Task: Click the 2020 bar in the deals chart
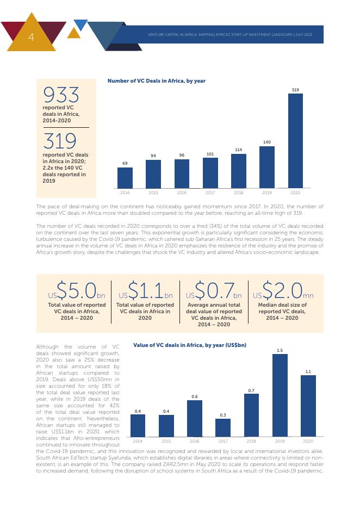295,141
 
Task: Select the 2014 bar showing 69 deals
125,178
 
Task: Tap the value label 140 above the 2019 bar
266,142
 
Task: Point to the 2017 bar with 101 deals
210,173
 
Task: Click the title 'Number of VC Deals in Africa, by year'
156,81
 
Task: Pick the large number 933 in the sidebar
61,96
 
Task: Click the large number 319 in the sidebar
60,141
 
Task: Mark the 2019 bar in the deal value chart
280,395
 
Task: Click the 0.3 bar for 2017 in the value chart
223,427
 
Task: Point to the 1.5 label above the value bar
280,350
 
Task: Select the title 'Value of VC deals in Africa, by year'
189,345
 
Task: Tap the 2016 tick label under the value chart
195,441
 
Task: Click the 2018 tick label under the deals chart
238,193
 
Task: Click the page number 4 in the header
31,37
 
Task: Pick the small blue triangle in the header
80,24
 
